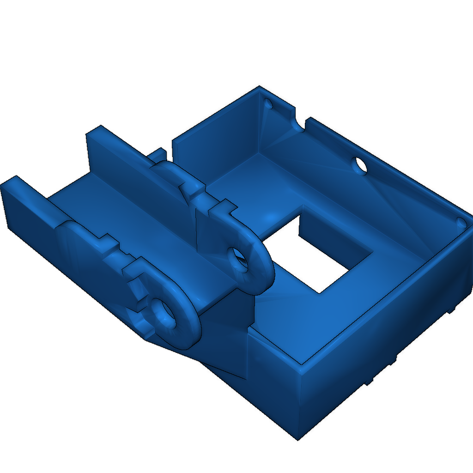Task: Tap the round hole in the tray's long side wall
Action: point(360,165)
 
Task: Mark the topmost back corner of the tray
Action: point(259,87)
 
